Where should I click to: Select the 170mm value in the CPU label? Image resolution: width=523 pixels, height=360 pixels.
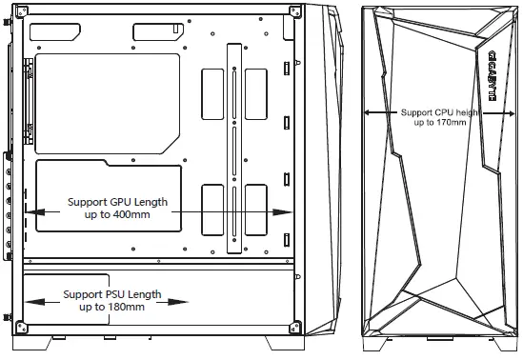[x=449, y=123]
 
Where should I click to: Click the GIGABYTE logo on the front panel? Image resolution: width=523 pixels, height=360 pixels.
[x=491, y=76]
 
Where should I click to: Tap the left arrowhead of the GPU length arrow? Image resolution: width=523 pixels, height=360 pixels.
[x=30, y=210]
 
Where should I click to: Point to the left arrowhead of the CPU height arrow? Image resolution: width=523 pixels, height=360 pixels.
[x=368, y=110]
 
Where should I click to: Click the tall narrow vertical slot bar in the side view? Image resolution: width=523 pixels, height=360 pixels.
[x=231, y=148]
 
